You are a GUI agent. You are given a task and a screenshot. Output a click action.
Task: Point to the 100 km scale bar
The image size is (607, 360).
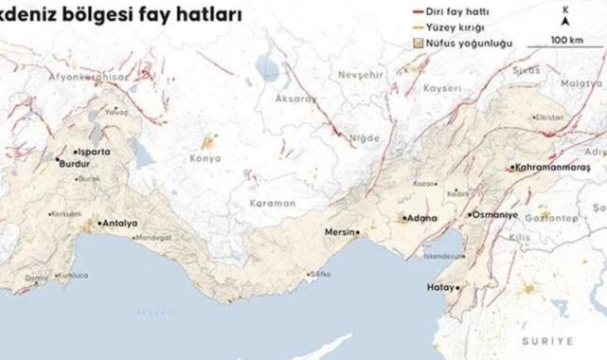(566, 40)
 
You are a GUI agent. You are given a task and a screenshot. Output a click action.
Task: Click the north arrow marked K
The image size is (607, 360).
(565, 19)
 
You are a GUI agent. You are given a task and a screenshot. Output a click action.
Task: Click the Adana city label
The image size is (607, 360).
(420, 218)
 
